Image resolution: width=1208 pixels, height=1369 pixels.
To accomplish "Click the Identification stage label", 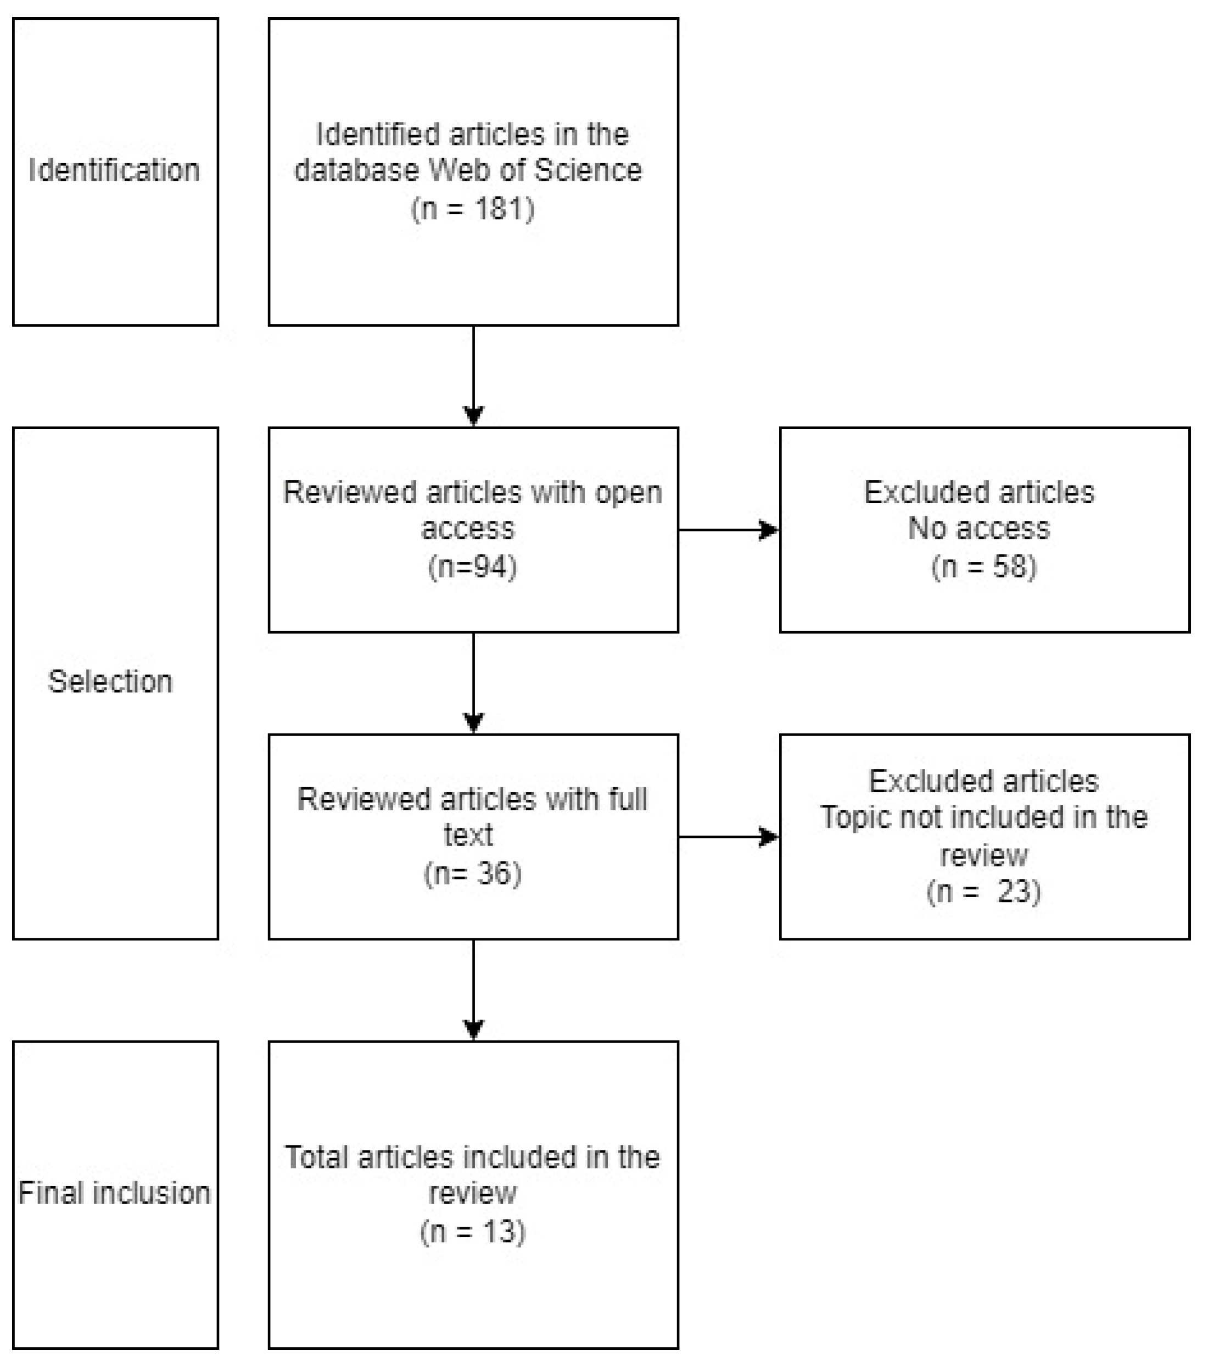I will (x=114, y=170).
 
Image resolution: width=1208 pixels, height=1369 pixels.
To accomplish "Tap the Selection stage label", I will (x=110, y=682).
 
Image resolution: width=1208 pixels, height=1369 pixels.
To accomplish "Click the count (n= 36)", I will (x=473, y=873).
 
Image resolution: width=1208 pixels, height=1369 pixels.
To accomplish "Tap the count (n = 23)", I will (x=983, y=892).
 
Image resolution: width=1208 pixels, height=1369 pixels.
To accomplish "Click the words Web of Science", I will (x=535, y=170).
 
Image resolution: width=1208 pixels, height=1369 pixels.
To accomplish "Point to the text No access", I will (x=978, y=528).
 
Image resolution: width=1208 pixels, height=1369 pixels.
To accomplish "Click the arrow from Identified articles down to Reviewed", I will (x=473, y=375).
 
